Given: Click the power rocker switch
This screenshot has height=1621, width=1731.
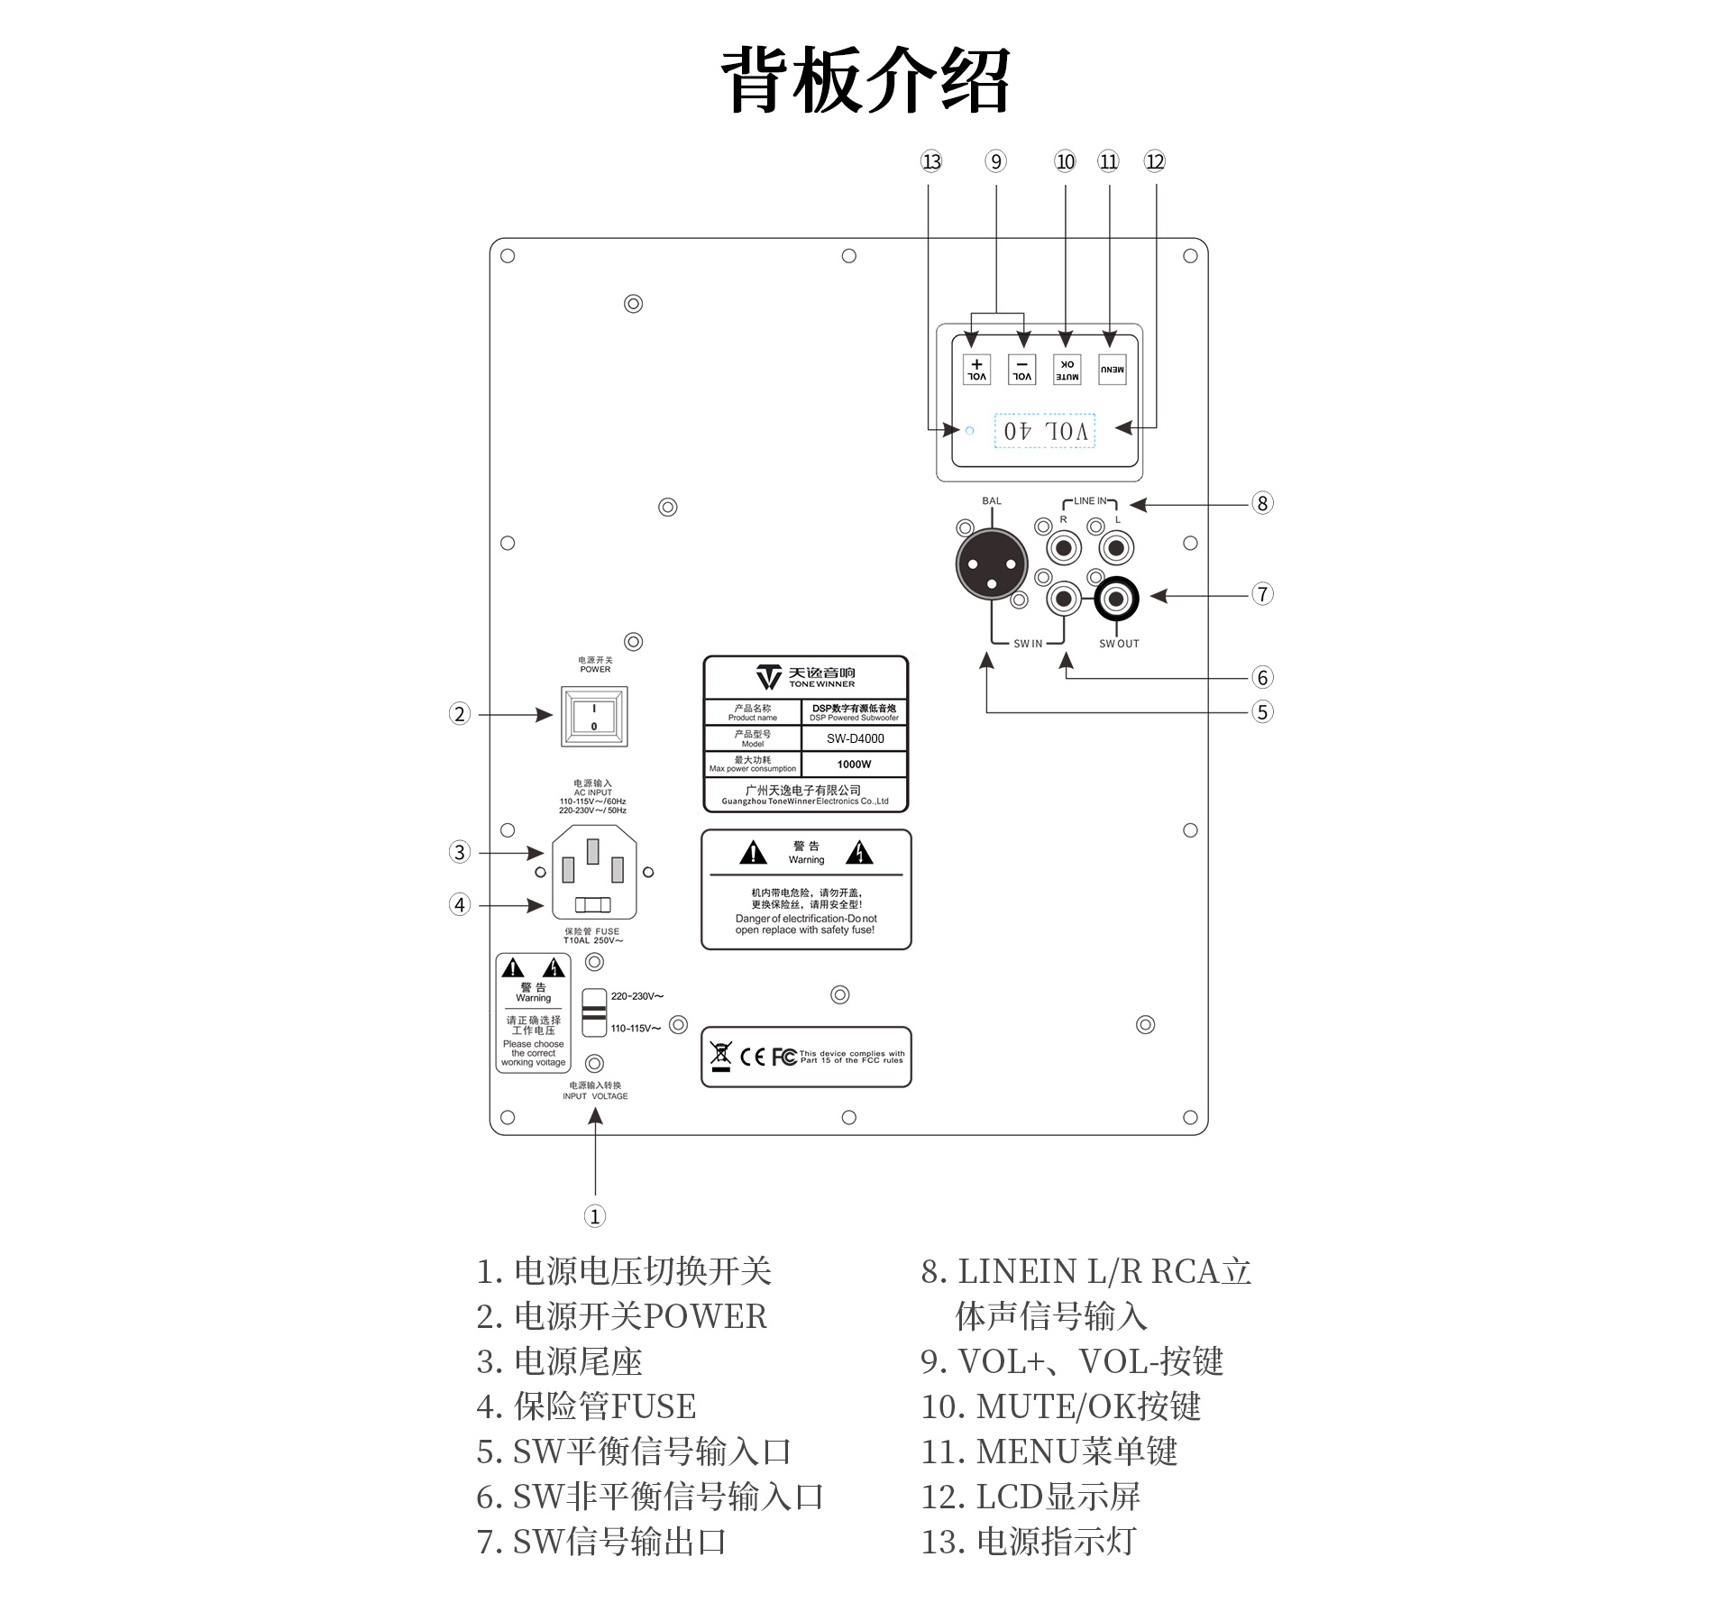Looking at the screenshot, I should (x=594, y=717).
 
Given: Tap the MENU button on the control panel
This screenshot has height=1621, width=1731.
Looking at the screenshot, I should (x=1112, y=370).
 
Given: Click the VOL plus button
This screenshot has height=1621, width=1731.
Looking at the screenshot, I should (x=976, y=370).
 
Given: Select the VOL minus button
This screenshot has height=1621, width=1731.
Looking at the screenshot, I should (x=1021, y=370).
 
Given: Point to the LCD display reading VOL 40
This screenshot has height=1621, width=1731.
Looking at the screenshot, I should (x=1045, y=431).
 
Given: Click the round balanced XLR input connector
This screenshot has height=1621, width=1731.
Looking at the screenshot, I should (x=992, y=564).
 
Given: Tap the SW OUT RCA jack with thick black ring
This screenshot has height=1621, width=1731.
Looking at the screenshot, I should (x=1116, y=599).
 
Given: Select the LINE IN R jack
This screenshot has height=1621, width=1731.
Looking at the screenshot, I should (x=1065, y=547).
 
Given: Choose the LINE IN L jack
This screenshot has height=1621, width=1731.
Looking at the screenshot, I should (x=1116, y=547).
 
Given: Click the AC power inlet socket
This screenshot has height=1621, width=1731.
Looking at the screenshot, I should (x=593, y=872).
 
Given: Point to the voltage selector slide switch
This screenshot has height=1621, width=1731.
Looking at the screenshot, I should (x=594, y=1012).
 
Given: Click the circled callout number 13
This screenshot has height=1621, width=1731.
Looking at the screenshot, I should (x=930, y=161).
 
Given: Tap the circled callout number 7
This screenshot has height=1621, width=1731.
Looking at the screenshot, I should (x=1262, y=594).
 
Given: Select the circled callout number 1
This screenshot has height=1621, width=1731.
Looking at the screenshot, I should (x=594, y=1216).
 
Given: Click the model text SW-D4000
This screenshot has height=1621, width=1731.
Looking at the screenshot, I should (x=855, y=738).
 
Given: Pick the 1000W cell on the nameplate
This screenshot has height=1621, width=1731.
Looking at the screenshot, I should (x=854, y=765).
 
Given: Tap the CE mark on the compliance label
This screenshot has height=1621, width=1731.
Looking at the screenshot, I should (x=753, y=1057).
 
